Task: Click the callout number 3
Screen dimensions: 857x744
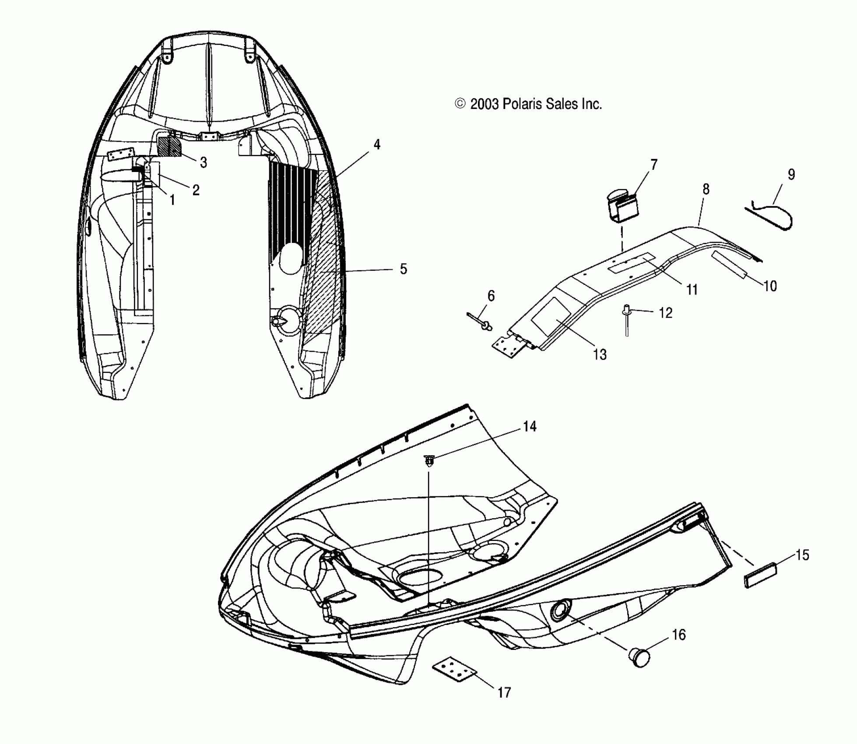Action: click(203, 162)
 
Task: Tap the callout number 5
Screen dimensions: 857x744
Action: click(403, 269)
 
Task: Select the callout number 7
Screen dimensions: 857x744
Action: click(653, 165)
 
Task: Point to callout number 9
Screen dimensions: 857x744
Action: click(791, 175)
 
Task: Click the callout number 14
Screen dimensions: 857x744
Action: click(530, 426)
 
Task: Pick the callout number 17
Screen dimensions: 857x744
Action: click(504, 692)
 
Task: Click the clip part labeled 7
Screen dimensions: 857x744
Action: click(622, 204)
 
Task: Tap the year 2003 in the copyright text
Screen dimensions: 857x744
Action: click(484, 104)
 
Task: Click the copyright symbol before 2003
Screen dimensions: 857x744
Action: click(460, 104)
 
